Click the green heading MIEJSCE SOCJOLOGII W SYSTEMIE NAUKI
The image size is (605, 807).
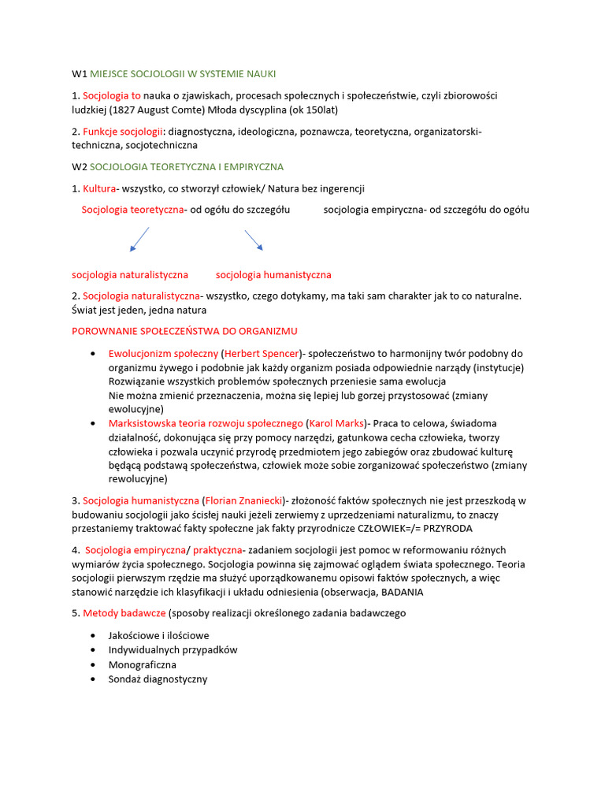183,73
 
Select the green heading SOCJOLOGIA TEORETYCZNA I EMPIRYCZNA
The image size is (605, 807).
187,167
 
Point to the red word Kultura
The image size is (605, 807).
99,188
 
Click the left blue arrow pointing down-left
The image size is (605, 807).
139,239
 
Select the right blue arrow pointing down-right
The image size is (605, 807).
254,240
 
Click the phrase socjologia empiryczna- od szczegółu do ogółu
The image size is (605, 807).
426,210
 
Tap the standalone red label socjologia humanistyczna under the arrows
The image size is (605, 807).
273,275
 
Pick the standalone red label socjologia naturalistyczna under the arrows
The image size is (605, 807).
130,275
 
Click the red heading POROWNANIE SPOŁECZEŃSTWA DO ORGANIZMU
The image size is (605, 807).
184,331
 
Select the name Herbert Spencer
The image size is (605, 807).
262,354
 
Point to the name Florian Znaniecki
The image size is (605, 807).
244,500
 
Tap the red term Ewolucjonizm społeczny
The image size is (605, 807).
163,354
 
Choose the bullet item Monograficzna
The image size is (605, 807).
143,664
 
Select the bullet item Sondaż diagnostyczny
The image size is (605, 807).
158,679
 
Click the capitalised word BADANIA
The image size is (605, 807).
403,592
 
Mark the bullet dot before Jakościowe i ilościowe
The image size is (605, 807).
95,635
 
